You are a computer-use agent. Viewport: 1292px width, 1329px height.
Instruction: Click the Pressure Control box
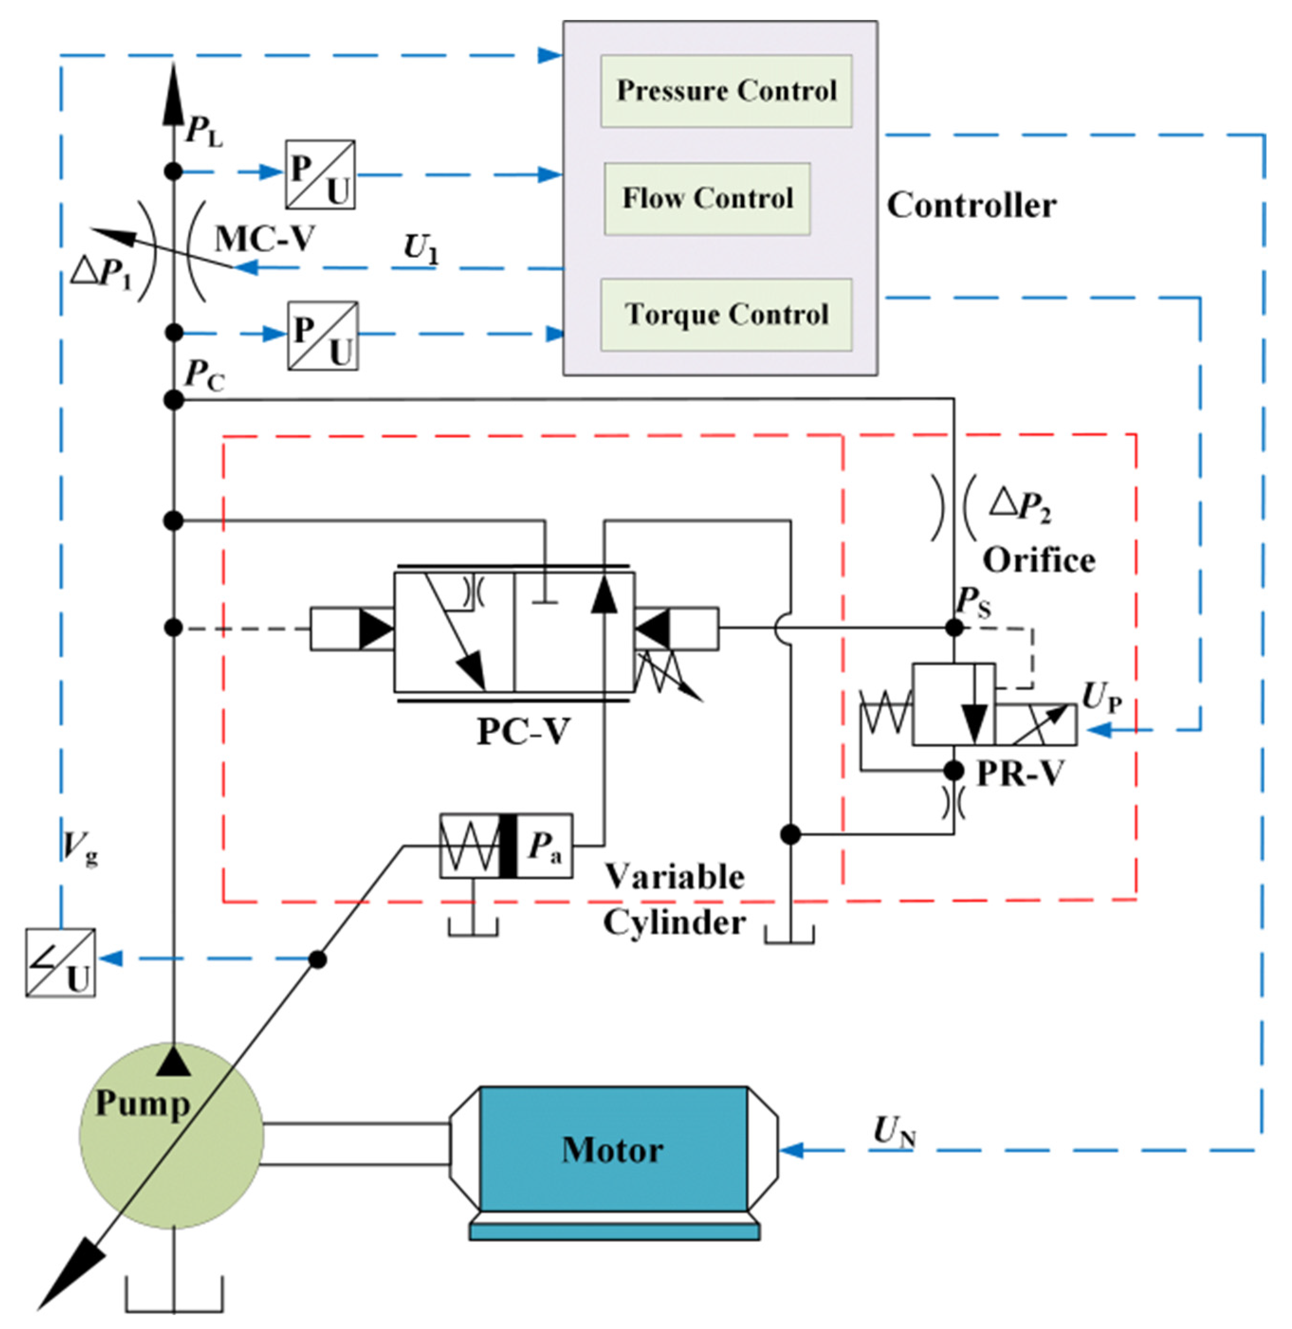[x=725, y=91]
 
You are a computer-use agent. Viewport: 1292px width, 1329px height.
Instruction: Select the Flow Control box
[x=707, y=199]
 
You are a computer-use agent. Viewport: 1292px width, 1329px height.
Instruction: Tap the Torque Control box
[x=725, y=315]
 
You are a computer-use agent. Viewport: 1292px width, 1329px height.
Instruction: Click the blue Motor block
[x=613, y=1150]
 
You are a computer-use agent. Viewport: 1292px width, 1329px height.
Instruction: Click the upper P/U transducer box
[x=320, y=174]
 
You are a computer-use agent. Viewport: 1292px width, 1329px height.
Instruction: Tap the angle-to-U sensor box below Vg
[x=60, y=963]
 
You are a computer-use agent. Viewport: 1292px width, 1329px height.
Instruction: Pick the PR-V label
[x=1020, y=774]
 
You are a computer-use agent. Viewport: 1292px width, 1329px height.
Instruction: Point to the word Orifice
[x=1038, y=560]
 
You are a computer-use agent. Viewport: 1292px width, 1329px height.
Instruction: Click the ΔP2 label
[x=1020, y=506]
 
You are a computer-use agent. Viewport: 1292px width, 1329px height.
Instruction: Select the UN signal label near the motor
[x=894, y=1131]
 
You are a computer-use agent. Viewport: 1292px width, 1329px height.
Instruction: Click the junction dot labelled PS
[x=954, y=628]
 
